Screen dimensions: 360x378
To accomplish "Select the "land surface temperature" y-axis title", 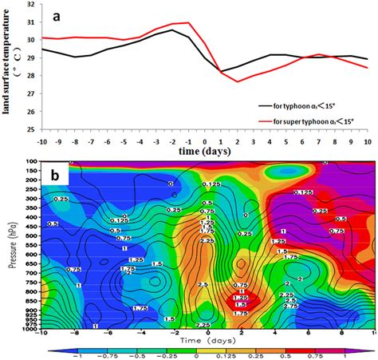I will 10,67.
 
